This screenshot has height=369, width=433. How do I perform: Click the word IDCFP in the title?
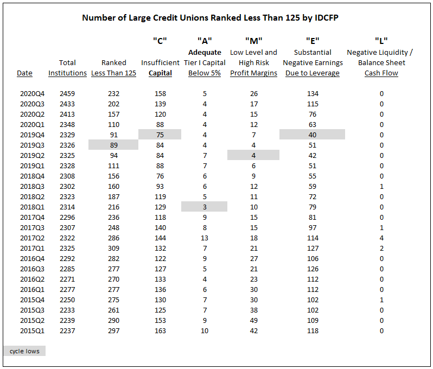[326, 18]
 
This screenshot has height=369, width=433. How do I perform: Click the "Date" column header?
[24, 73]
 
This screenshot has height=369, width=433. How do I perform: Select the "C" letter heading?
[160, 41]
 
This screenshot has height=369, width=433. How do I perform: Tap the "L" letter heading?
[381, 41]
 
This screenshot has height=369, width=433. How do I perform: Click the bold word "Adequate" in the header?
[205, 53]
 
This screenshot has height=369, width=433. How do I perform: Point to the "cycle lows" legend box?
[24, 351]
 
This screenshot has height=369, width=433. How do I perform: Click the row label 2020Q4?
[32, 94]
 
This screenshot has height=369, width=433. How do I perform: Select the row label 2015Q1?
[32, 330]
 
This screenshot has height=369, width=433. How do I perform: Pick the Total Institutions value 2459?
[67, 94]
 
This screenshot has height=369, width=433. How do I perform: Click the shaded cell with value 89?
[113, 145]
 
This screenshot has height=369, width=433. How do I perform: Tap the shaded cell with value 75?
[160, 135]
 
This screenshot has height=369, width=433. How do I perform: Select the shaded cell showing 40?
[313, 135]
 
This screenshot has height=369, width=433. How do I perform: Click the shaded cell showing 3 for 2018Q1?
[205, 207]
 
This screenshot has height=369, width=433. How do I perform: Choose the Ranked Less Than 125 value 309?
[114, 249]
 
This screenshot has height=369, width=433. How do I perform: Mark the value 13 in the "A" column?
[205, 238]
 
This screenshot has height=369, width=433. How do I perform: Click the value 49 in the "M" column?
[254, 320]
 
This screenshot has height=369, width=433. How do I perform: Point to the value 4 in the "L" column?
[381, 238]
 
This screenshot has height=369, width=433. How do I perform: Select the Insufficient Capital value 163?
[160, 330]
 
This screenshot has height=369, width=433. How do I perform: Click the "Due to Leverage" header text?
[313, 73]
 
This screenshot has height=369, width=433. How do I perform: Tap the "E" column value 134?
[313, 94]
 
